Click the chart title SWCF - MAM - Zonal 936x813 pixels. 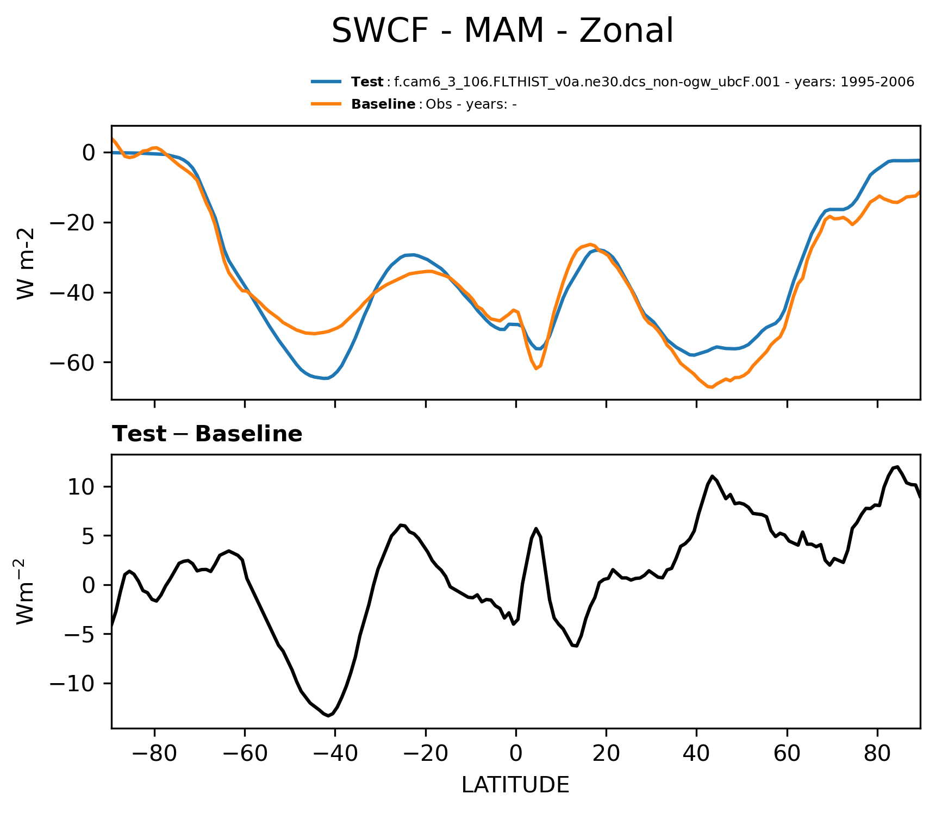click(x=502, y=31)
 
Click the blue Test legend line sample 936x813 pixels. click(x=326, y=82)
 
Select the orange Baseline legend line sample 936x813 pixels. click(x=326, y=104)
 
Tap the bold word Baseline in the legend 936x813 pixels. click(x=383, y=104)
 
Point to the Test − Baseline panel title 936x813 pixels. click(x=207, y=434)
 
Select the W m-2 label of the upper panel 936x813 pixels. click(x=26, y=263)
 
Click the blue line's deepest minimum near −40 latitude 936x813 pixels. click(x=325, y=378)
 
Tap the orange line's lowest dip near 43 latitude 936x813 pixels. click(x=711, y=387)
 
